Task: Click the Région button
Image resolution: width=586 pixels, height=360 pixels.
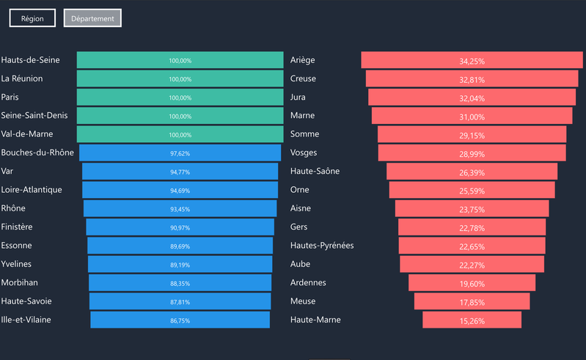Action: [32, 18]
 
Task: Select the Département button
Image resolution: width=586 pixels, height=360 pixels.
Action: [92, 18]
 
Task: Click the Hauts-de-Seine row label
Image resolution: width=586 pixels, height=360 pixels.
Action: [31, 60]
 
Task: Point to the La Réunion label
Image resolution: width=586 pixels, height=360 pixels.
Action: [22, 78]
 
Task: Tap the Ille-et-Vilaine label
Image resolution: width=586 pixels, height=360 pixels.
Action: [26, 320]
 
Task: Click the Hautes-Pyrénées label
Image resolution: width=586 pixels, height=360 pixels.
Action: [322, 246]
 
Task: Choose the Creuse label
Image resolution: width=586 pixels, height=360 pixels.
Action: [303, 78]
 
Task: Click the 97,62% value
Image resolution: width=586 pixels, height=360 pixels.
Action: [180, 153]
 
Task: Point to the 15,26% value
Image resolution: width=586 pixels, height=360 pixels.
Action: [472, 320]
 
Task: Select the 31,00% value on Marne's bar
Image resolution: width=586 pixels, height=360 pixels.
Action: [472, 117]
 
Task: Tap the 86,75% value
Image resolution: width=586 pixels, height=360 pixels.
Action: [180, 320]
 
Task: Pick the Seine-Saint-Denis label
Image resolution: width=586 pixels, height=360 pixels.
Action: [34, 116]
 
